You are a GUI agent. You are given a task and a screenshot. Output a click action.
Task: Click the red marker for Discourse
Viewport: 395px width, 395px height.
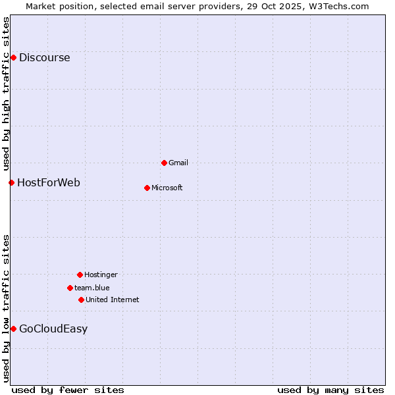[13, 57]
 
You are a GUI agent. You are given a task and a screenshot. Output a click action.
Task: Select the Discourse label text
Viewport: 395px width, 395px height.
[44, 57]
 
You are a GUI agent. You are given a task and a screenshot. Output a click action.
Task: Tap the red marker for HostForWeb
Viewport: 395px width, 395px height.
[11, 182]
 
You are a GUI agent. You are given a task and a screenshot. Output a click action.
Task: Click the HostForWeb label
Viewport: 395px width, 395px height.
[48, 182]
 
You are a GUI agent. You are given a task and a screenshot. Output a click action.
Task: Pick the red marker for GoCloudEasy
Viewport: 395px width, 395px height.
[13, 329]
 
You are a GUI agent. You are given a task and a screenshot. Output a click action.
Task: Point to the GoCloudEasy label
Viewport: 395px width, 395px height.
[53, 329]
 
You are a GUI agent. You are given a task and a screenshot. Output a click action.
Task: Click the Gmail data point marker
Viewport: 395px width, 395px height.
[164, 163]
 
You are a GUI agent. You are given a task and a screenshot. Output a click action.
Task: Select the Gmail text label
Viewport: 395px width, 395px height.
[178, 163]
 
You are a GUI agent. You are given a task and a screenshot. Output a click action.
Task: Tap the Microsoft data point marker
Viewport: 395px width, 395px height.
[147, 188]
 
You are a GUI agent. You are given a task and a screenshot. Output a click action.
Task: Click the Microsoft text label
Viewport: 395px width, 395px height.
[167, 188]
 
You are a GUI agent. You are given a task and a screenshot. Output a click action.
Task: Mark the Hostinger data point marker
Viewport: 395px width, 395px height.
[80, 275]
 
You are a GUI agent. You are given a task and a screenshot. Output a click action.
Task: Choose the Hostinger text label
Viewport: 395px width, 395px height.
[101, 275]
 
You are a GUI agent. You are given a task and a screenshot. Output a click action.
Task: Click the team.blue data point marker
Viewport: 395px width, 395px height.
[70, 288]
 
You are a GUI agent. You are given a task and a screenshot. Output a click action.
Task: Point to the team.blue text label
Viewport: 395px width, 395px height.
[92, 288]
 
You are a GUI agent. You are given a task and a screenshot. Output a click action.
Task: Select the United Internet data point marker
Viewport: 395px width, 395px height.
[81, 300]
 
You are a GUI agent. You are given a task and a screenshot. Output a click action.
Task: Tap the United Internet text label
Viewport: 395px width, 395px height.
[112, 300]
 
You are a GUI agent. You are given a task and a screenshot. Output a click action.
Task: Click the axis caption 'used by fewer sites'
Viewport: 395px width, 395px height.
[67, 390]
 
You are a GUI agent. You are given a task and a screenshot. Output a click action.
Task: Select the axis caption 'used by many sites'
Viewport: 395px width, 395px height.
[330, 390]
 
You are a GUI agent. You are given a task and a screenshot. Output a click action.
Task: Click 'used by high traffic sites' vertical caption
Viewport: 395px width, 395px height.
[6, 93]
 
